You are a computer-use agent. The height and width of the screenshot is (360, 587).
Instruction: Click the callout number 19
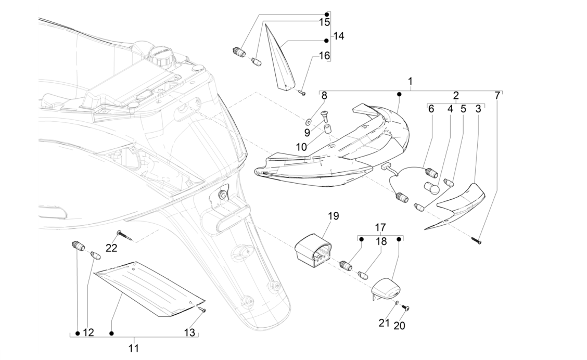[x=333, y=215]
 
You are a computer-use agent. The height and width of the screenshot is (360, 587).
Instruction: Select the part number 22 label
[x=112, y=248]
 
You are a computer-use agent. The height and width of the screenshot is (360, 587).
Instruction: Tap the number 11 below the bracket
[x=134, y=348]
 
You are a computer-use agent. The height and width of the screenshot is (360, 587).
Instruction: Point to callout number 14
[x=339, y=36]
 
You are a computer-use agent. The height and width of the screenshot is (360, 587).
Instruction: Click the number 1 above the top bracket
[x=410, y=82]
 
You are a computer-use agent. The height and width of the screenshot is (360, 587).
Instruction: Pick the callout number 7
[x=497, y=96]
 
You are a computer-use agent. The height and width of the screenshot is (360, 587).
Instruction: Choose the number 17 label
[x=380, y=227]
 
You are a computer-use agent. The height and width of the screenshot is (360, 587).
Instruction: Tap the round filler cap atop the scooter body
[x=160, y=55]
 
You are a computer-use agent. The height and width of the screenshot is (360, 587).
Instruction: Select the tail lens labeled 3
[x=462, y=202]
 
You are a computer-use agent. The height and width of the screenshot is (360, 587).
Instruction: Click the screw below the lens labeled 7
[x=477, y=241]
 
